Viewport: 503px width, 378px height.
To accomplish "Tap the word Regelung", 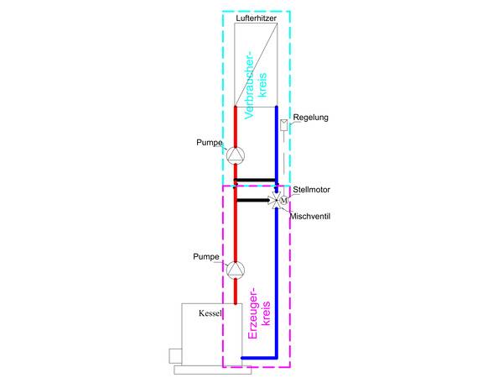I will point(311,117).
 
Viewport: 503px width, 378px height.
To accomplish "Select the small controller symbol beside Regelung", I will point(283,126).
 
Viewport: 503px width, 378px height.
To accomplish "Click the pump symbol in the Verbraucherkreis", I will point(236,155).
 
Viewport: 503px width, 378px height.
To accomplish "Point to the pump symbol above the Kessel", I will point(236,270).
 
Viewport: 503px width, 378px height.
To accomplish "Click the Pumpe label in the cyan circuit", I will point(208,144).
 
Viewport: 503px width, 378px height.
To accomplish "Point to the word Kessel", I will point(210,313).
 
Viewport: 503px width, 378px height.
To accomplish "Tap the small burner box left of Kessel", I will point(175,355).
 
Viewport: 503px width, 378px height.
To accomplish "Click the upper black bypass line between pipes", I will point(256,180).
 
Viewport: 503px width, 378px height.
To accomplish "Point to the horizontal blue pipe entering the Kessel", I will point(259,358).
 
